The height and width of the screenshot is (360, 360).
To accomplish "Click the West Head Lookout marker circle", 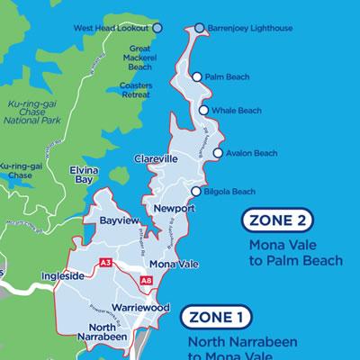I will (x=157, y=28).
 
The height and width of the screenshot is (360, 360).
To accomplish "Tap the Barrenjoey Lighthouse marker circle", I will (x=200, y=28).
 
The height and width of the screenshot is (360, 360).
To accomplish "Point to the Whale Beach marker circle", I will (x=204, y=111).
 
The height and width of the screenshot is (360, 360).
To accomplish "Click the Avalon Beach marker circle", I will (x=217, y=153).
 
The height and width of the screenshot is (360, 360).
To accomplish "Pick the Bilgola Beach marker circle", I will (x=196, y=191).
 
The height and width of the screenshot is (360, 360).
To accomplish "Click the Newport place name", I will (x=174, y=209).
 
